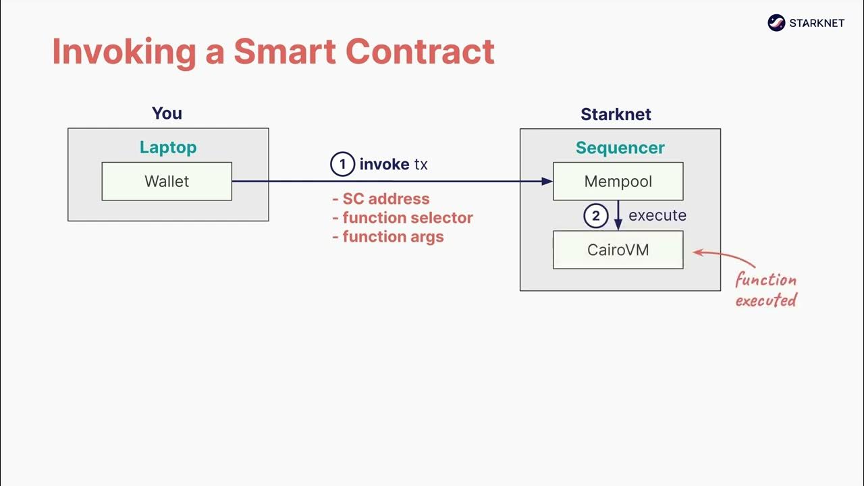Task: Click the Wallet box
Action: pyautogui.click(x=167, y=181)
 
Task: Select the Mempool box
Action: pyautogui.click(x=618, y=181)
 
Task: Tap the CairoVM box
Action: pyautogui.click(x=618, y=250)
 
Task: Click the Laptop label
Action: pyautogui.click(x=168, y=147)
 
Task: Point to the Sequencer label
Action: pyautogui.click(x=620, y=148)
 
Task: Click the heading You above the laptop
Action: pyautogui.click(x=167, y=113)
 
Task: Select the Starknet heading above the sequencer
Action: pyautogui.click(x=616, y=114)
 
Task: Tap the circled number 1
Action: pyautogui.click(x=342, y=164)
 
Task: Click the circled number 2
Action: pyautogui.click(x=595, y=216)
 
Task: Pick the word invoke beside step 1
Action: pyautogui.click(x=384, y=164)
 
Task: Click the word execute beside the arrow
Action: pyautogui.click(x=657, y=216)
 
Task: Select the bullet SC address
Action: pyautogui.click(x=381, y=199)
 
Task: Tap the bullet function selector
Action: pyautogui.click(x=403, y=218)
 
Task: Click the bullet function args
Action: pyautogui.click(x=389, y=237)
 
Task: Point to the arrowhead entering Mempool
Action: pyautogui.click(x=547, y=181)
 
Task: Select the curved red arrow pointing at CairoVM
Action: pyautogui.click(x=724, y=256)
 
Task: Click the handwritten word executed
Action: pyautogui.click(x=765, y=300)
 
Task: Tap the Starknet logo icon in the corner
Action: pyautogui.click(x=776, y=23)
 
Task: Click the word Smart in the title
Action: pyautogui.click(x=284, y=52)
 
